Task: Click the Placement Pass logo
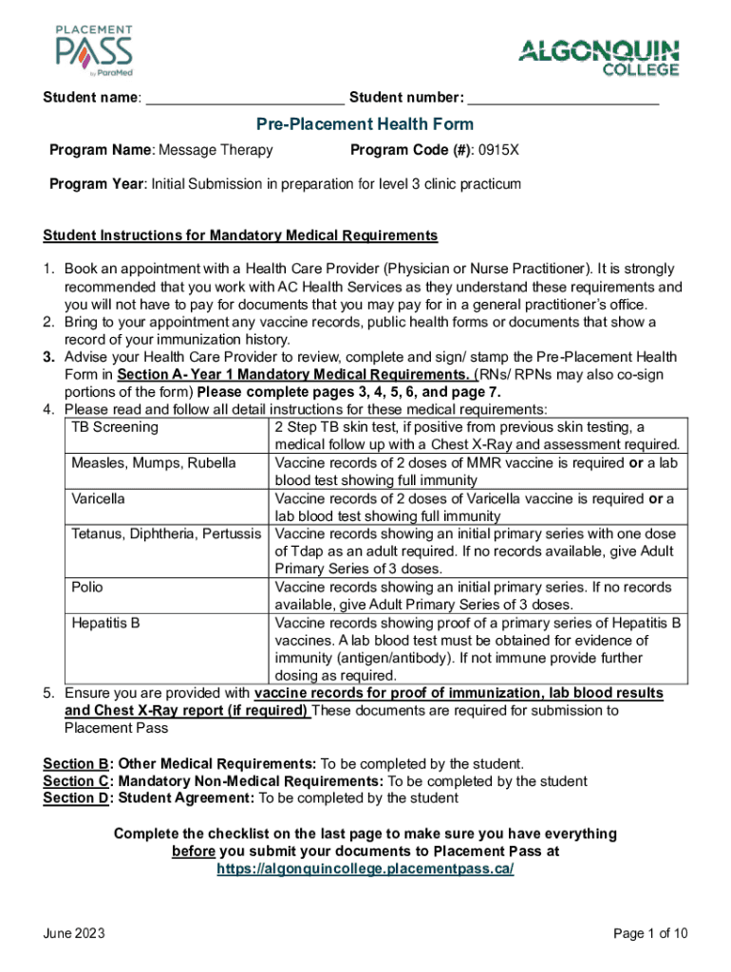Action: click(93, 51)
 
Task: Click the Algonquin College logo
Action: click(598, 57)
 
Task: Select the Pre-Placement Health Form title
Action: click(365, 124)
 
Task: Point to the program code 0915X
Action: click(498, 150)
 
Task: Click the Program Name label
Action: click(102, 150)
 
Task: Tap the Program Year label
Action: click(96, 184)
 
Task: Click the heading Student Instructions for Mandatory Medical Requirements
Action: click(240, 235)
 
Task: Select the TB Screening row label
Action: click(115, 427)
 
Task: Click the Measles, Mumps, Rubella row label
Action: click(153, 463)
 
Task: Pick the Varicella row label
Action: click(98, 498)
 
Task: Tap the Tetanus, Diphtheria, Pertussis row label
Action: click(165, 533)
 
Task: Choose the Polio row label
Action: click(87, 588)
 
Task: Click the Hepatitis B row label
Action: click(105, 623)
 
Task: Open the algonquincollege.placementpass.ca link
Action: click(365, 869)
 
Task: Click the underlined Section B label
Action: click(75, 763)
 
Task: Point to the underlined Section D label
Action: click(76, 798)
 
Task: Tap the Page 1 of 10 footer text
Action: click(650, 934)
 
